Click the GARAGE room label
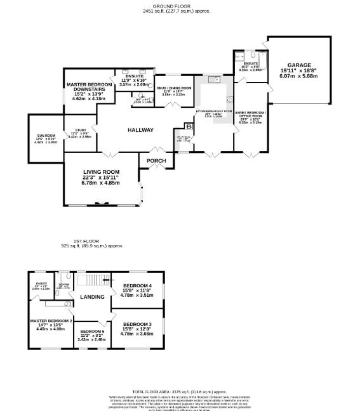299,65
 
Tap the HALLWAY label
140,130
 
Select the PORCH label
156,160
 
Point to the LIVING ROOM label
102,172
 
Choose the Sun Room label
45,136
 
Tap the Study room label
80,129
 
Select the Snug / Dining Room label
174,88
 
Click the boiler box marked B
188,127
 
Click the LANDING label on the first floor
92,296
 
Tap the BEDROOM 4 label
138,286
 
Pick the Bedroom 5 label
92,332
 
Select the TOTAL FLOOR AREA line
179,392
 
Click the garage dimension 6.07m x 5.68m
299,77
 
